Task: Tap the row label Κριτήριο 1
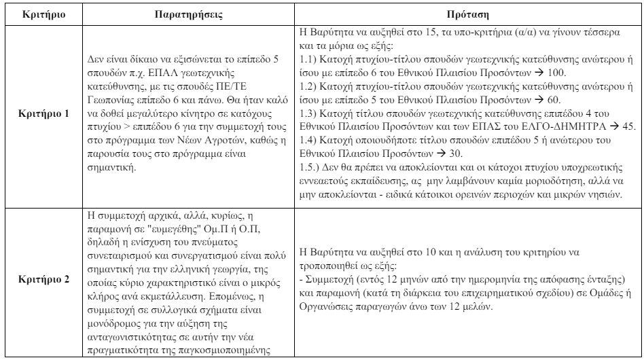pyautogui.click(x=43, y=112)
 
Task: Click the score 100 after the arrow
pyautogui.click(x=567, y=70)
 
